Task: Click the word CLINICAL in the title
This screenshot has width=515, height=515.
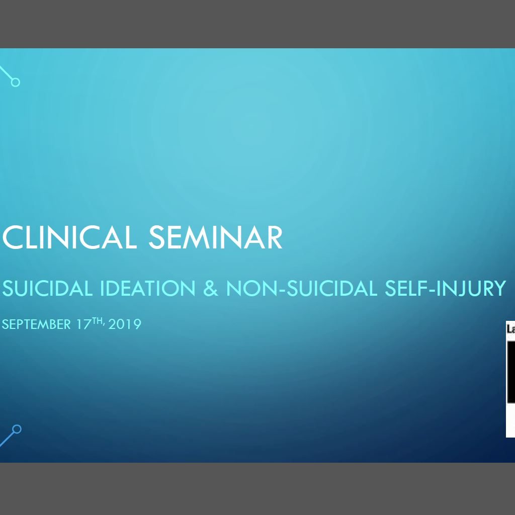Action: point(69,237)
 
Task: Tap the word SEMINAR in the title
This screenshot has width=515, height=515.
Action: point(215,237)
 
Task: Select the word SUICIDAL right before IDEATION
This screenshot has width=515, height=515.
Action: point(47,288)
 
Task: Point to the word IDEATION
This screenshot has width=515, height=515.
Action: point(147,288)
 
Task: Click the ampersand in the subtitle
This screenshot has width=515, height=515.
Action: point(211,288)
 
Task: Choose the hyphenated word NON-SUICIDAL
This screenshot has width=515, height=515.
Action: point(302,288)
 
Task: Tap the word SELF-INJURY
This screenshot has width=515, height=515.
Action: point(446,288)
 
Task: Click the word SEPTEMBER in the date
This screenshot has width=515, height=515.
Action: point(36,324)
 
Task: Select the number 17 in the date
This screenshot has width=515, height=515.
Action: point(84,324)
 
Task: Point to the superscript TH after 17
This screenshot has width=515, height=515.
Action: point(98,321)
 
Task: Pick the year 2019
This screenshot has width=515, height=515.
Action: point(125,324)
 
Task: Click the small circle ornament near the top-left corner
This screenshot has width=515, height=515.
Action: point(16,82)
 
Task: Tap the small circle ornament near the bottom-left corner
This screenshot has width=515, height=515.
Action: point(17,430)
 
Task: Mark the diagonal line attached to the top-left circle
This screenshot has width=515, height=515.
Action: point(6,72)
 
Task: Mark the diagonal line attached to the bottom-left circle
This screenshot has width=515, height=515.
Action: point(7,440)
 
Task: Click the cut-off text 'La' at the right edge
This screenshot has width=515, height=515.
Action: point(511,329)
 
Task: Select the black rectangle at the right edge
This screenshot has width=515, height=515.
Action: point(511,372)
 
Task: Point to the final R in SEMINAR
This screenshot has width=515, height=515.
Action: point(275,237)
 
